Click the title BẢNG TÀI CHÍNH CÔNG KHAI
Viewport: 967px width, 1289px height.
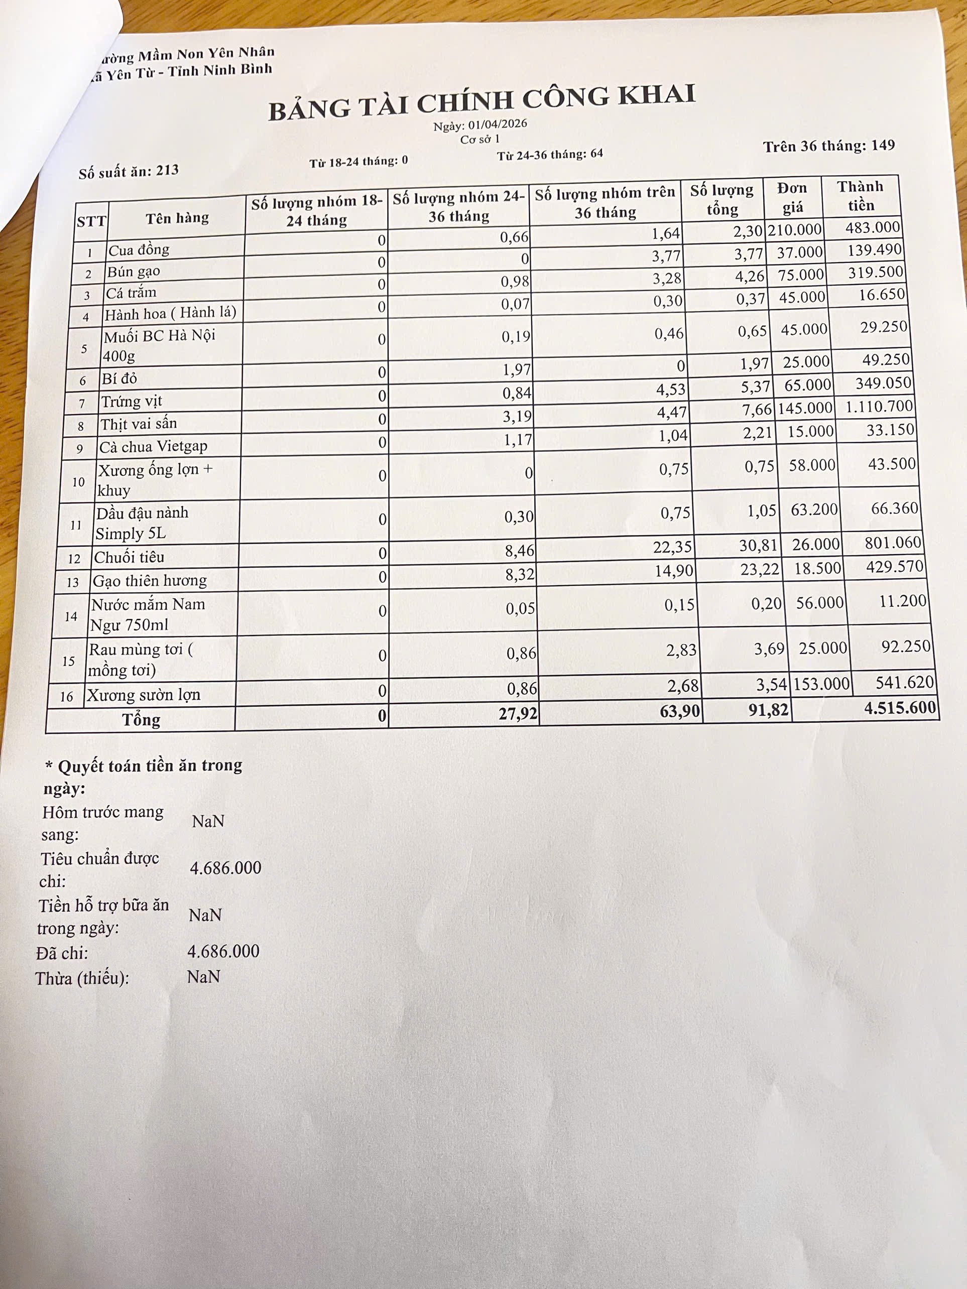(481, 102)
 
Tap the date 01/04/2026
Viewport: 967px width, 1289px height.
(497, 124)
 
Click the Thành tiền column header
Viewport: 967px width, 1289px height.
(861, 196)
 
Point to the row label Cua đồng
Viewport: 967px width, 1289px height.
(139, 250)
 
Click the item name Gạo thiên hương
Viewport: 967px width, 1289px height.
(150, 580)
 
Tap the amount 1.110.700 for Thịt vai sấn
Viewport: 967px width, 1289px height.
(877, 407)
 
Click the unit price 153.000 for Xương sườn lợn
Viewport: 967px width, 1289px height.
(821, 684)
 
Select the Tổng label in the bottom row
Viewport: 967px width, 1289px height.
(141, 720)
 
